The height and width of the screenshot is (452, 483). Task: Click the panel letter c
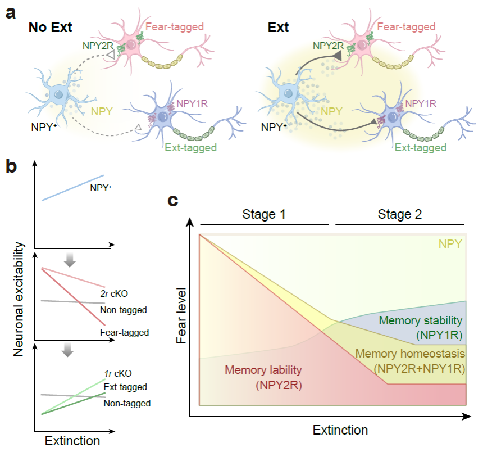pos(175,200)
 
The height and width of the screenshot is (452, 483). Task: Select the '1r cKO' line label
pos(118,374)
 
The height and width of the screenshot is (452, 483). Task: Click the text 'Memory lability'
pos(263,370)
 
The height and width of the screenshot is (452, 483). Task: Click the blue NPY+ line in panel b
pos(73,188)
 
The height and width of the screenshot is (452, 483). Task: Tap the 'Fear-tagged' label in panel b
pos(125,332)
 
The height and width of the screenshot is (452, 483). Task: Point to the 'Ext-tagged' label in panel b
pos(125,387)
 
